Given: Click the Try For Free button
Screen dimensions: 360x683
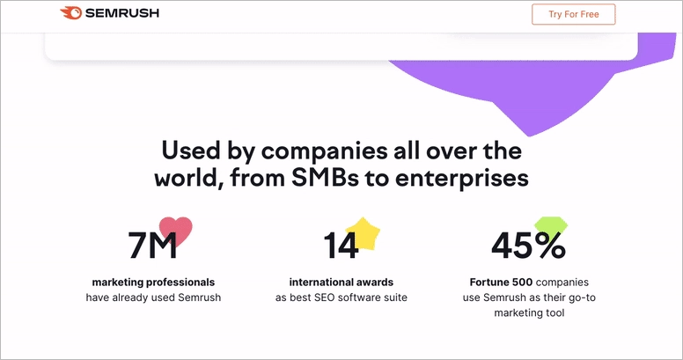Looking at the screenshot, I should pyautogui.click(x=573, y=14).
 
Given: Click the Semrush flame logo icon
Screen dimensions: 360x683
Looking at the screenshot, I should pyautogui.click(x=71, y=13).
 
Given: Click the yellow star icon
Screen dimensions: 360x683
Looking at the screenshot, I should pyautogui.click(x=363, y=234).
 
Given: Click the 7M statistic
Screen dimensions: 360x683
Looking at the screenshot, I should pyautogui.click(x=153, y=246).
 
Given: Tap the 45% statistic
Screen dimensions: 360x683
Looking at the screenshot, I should pyautogui.click(x=527, y=246).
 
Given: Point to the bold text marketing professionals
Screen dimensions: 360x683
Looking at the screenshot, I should pyautogui.click(x=153, y=283).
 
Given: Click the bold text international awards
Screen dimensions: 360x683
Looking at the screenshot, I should pyautogui.click(x=341, y=283).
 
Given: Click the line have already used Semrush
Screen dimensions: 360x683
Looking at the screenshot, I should pyautogui.click(x=153, y=298).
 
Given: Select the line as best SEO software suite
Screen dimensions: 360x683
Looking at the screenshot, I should pyautogui.click(x=341, y=298).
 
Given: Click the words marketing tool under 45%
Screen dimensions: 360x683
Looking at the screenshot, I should pyautogui.click(x=527, y=312).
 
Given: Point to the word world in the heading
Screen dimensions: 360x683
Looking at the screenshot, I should pyautogui.click(x=186, y=177).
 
